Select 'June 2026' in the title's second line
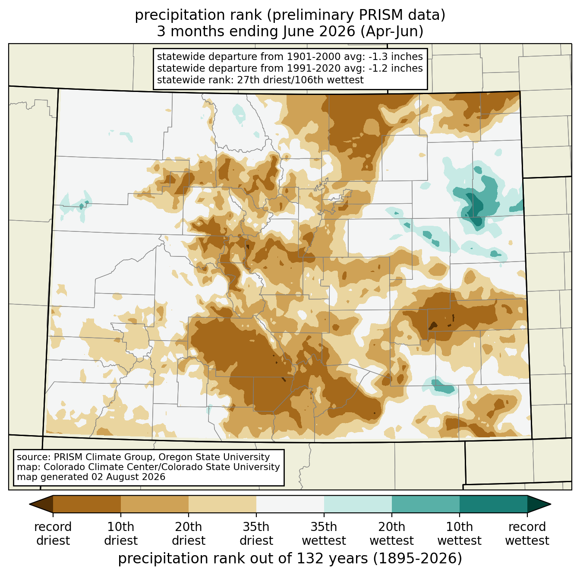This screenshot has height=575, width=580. [318, 32]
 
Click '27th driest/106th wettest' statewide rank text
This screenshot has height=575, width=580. [300, 80]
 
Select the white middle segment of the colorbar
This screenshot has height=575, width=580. [290, 504]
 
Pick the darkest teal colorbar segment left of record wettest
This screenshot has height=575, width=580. [493, 504]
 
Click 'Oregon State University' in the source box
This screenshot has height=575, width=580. [214, 457]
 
